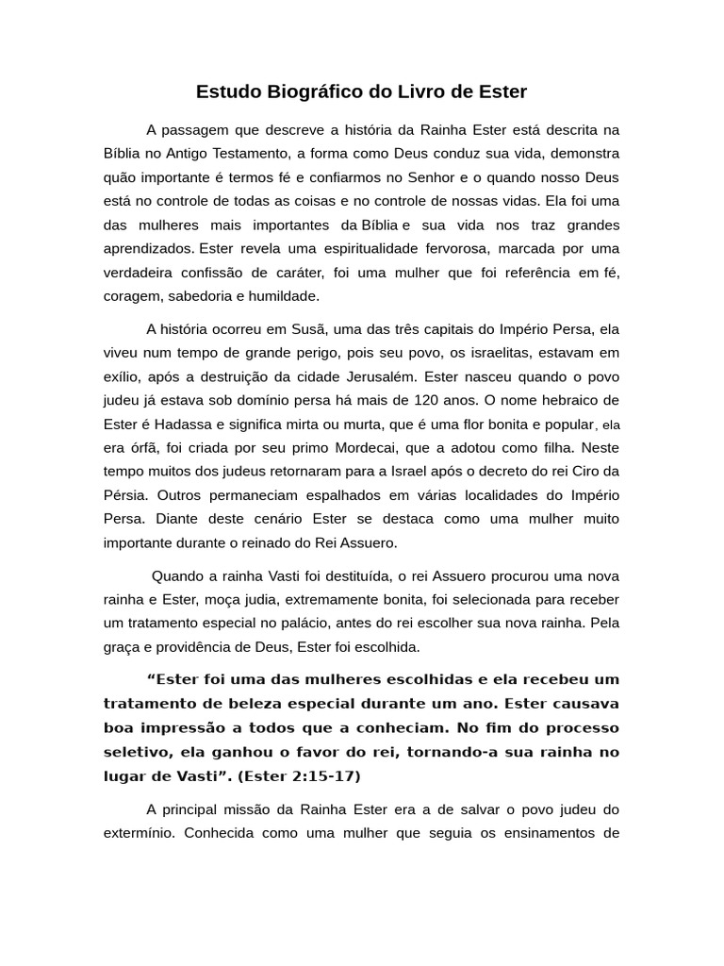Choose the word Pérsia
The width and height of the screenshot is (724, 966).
tap(124, 494)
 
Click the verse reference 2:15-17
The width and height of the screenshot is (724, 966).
tap(321, 776)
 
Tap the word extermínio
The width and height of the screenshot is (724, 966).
tap(140, 833)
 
